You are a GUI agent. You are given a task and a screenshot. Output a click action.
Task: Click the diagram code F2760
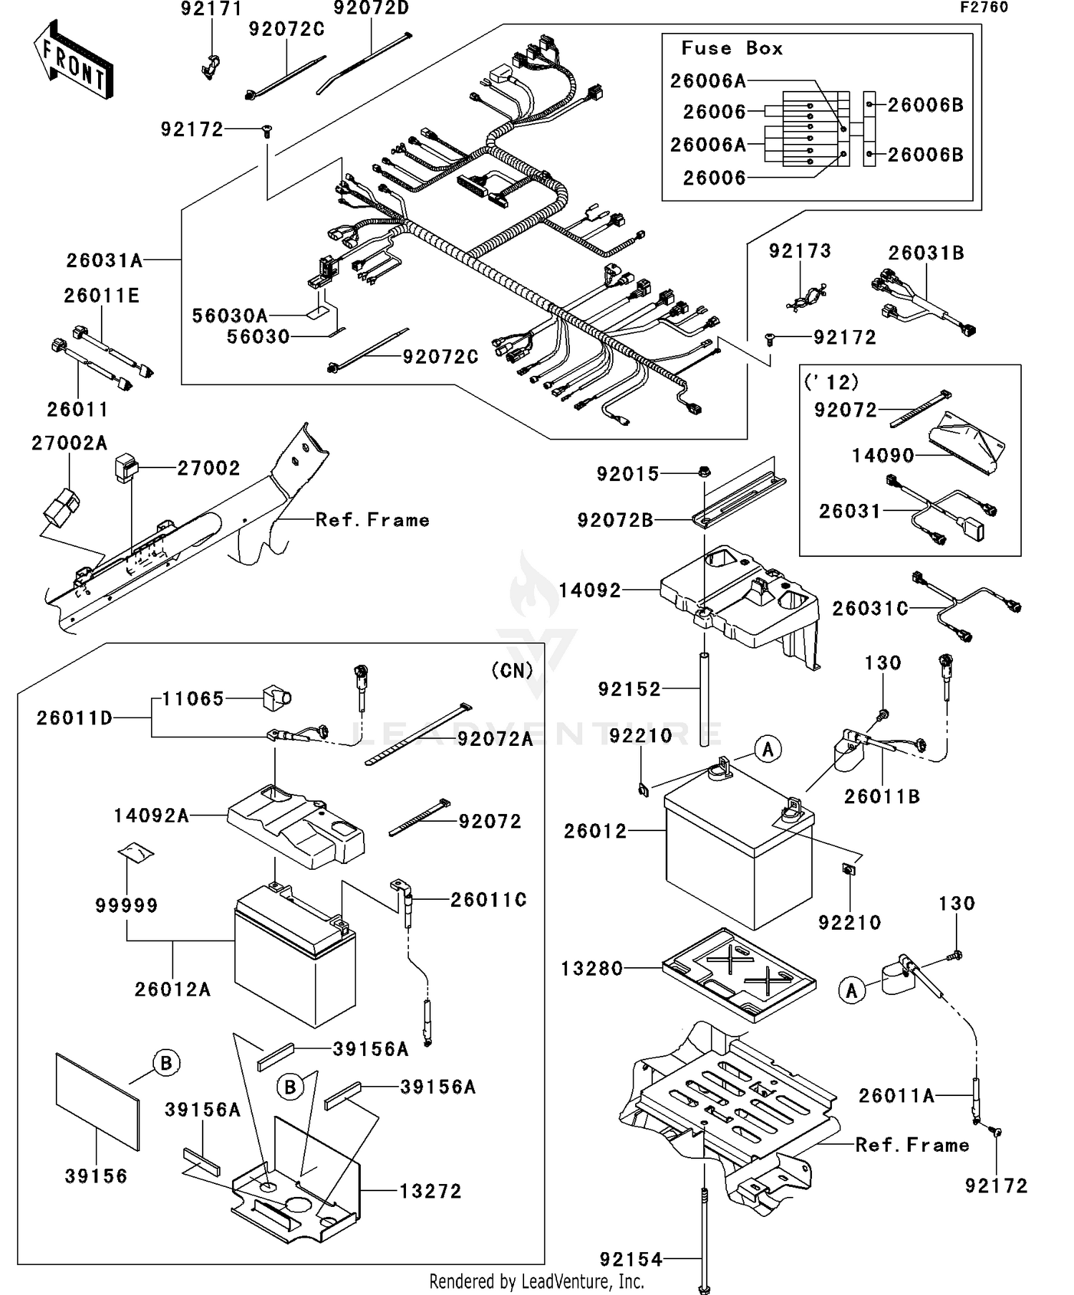point(984,7)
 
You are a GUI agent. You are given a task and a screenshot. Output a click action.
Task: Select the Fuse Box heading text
point(731,49)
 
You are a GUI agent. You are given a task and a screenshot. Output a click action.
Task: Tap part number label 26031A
point(105,261)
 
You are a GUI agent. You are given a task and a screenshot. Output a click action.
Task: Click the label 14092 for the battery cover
point(589,591)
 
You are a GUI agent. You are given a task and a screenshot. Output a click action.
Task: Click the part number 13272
point(430,1191)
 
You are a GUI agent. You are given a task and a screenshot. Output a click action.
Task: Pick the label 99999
point(127,906)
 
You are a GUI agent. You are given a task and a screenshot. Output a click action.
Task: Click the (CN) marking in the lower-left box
point(512,670)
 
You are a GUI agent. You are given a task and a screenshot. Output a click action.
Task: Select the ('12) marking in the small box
point(831,382)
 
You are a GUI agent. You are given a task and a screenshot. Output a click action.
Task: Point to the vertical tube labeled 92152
point(705,698)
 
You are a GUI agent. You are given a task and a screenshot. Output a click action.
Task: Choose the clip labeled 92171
point(208,66)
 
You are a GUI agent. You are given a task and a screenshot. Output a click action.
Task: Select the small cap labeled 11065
point(276,697)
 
